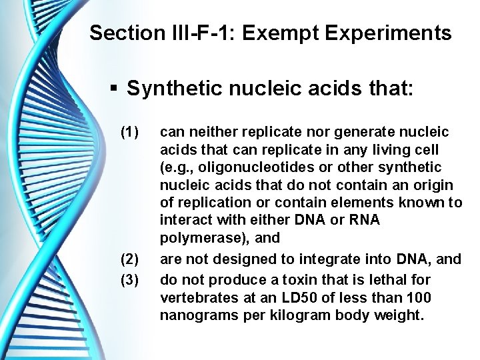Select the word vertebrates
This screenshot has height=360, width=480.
[193, 297]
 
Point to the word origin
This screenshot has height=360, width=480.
[433, 184]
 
